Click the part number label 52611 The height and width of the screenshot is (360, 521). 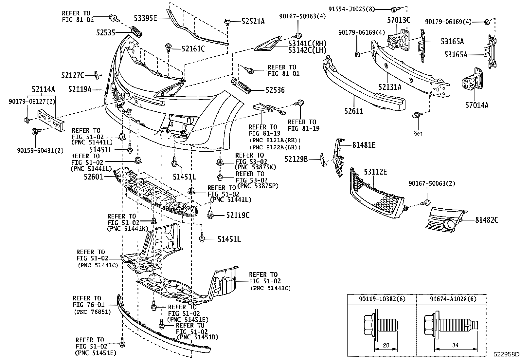354,111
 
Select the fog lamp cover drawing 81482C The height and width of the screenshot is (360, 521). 447,219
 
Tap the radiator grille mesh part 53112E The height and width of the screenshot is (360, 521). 376,197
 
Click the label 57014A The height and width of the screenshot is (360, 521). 477,105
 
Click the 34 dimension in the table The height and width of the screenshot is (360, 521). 455,345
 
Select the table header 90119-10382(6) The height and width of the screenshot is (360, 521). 382,299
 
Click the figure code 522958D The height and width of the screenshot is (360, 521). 506,354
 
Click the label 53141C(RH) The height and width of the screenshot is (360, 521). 308,43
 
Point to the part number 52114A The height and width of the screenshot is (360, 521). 43,89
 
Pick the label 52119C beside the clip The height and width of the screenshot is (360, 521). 238,215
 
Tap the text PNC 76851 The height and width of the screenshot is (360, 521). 93,312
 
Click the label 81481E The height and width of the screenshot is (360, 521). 364,144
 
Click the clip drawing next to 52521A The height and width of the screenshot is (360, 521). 226,22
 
